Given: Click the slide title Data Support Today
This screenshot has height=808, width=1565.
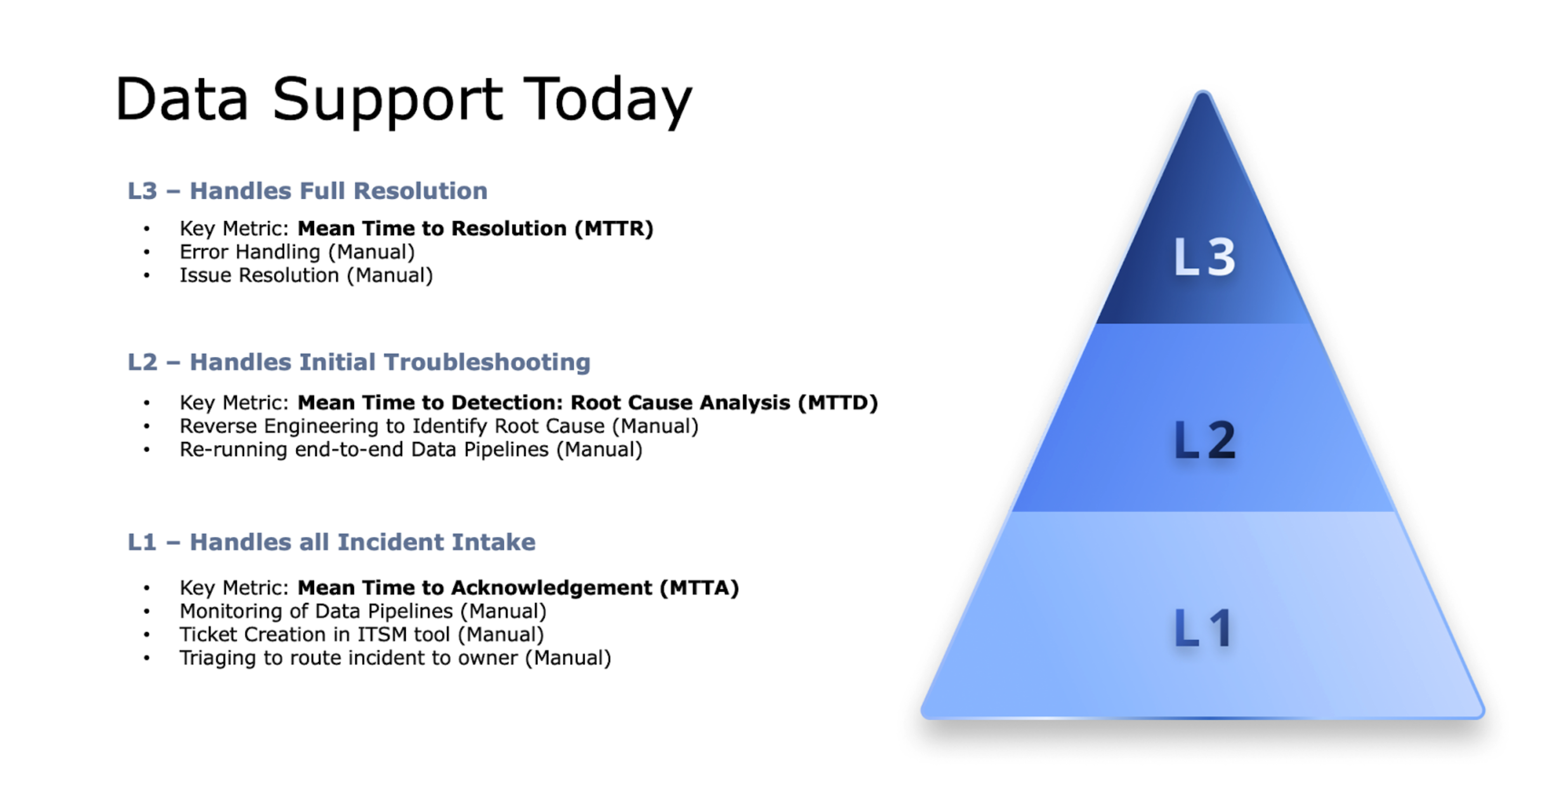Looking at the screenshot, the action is coord(403,100).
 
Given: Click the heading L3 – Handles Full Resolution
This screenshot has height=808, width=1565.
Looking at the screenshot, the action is coord(307,191).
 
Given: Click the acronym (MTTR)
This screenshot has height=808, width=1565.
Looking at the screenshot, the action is coord(614,228).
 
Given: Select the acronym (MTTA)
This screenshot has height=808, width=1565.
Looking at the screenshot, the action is coord(699,588).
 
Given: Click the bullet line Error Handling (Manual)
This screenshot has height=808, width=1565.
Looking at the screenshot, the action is coord(297,252).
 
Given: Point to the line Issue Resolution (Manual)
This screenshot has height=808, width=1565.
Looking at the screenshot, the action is coord(306,275).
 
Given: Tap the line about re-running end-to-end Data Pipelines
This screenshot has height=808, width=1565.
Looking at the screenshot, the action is coord(411,450).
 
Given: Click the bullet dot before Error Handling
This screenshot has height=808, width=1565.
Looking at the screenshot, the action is coord(146,252).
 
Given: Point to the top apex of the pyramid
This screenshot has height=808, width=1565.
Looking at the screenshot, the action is coord(1203,91).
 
